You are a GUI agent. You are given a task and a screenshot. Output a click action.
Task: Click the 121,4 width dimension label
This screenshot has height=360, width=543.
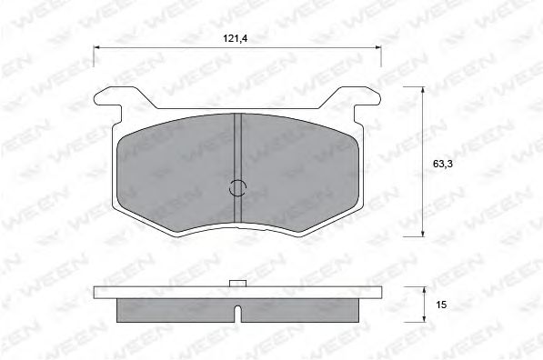coord(236,39)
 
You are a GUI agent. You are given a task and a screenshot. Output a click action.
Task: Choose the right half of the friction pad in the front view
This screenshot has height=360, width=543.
coord(296,168)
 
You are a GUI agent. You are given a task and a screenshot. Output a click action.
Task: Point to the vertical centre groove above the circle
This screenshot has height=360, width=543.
coord(236,145)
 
